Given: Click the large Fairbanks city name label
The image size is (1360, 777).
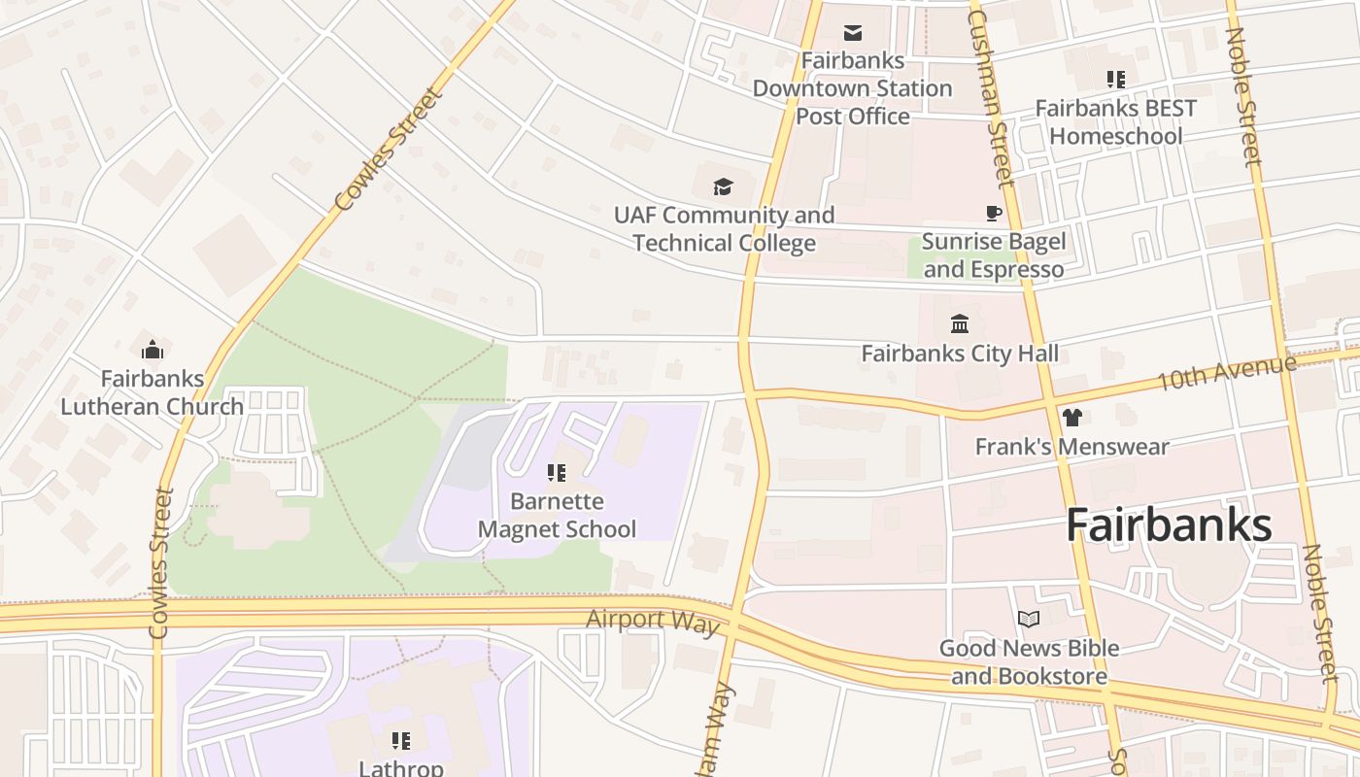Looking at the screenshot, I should click(x=1169, y=525).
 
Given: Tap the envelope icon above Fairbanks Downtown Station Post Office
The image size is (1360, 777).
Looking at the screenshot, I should click(x=853, y=34).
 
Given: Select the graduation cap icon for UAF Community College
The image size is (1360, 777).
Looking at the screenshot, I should click(x=722, y=186).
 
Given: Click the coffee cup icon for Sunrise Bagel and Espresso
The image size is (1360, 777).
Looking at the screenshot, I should click(x=993, y=213).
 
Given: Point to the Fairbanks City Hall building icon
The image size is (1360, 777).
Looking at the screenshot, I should click(x=960, y=323).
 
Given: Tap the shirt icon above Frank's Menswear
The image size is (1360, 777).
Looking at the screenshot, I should click(x=1071, y=418).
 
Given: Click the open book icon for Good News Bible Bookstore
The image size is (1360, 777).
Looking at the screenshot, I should click(x=1029, y=619).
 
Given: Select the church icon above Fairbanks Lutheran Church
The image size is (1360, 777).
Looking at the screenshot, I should click(x=153, y=350).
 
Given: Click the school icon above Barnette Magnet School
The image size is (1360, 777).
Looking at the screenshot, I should click(x=557, y=473).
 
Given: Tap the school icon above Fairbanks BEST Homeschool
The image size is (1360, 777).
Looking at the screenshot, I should click(x=1115, y=80).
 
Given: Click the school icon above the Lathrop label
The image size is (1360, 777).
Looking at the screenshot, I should click(x=401, y=741).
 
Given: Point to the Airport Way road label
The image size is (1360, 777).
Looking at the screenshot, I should click(x=653, y=621).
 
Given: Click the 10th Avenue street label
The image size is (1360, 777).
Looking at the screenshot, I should click(x=1225, y=373).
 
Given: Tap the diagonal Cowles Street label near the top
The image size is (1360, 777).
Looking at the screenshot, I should click(x=389, y=149).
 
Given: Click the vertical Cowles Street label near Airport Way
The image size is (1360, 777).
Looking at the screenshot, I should click(x=160, y=563).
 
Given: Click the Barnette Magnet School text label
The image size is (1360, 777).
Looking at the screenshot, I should click(x=557, y=516).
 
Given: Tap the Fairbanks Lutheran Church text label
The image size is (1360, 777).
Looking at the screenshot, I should click(x=153, y=392).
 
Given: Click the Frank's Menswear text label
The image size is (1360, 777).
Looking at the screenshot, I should click(x=1071, y=447).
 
